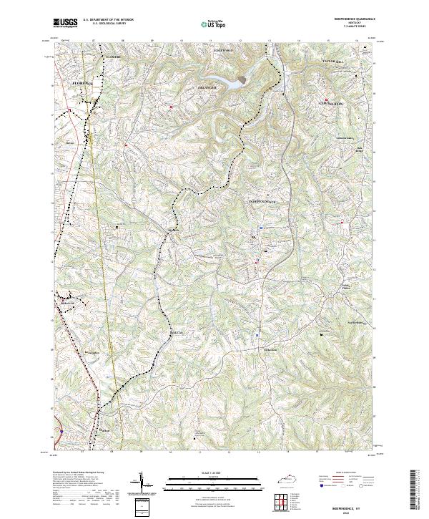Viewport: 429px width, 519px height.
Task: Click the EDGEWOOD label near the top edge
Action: [227, 51]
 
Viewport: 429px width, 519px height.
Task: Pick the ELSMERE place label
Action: [115, 55]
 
